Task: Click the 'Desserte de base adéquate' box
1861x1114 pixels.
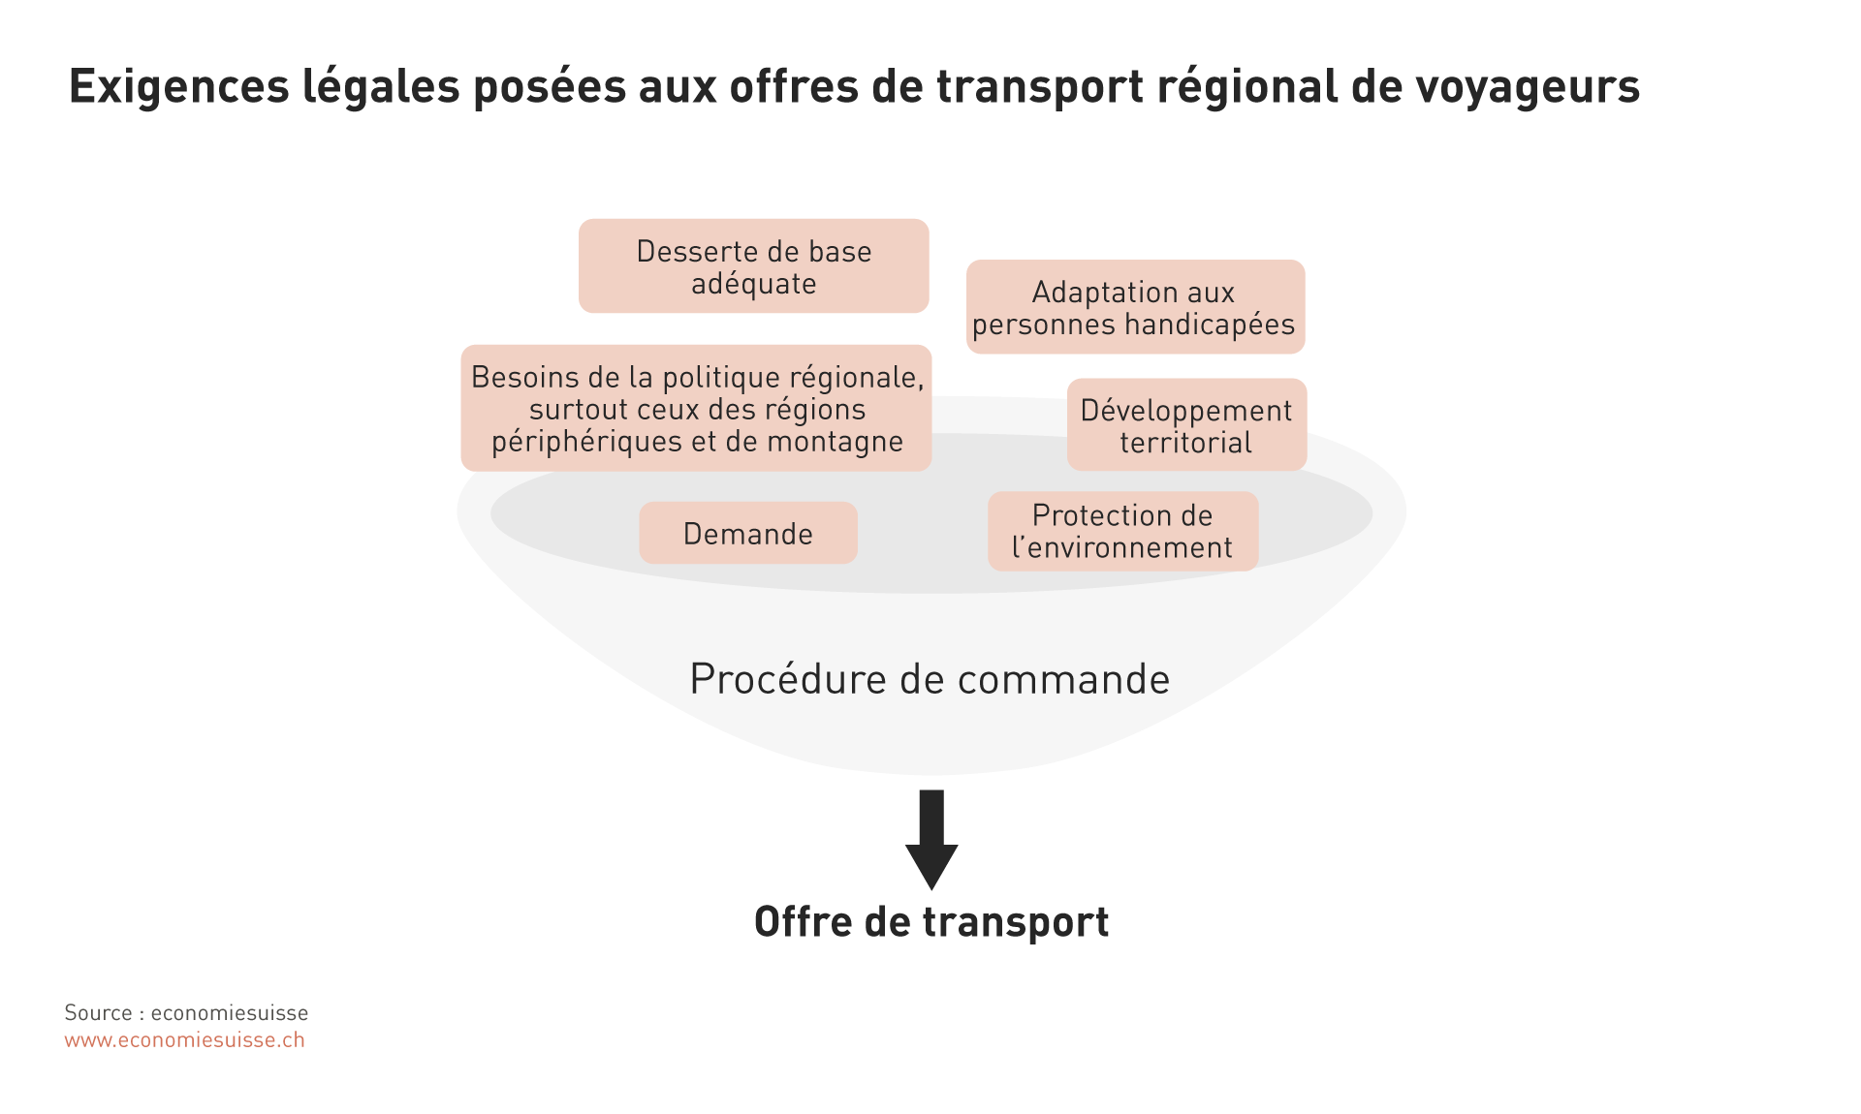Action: tap(753, 266)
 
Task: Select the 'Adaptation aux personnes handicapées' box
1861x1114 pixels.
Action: tap(1135, 307)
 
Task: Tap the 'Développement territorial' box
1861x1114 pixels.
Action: tap(1186, 425)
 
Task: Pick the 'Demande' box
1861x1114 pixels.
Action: tap(747, 534)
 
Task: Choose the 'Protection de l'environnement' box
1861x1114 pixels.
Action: tap(1122, 532)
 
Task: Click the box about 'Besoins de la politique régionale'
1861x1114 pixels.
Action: tap(696, 409)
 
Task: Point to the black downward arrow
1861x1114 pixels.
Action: tap(931, 839)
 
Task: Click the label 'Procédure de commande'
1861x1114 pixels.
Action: tap(930, 679)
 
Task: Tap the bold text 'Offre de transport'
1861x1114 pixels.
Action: tap(930, 921)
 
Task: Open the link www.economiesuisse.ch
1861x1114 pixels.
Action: tap(184, 1040)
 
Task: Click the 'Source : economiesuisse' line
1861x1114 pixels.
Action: tap(186, 1013)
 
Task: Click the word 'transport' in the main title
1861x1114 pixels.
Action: tap(1039, 87)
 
